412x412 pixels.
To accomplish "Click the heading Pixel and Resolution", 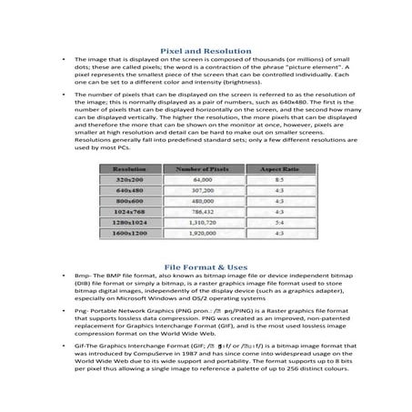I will [205, 52].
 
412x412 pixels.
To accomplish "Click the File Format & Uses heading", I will [205, 267].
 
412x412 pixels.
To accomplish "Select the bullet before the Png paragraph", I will [61, 320].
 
